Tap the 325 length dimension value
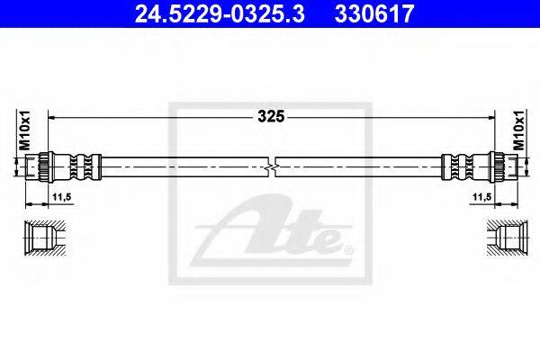tap(271, 116)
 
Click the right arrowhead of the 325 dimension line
tap(490, 116)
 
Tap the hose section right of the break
tap(360, 168)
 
